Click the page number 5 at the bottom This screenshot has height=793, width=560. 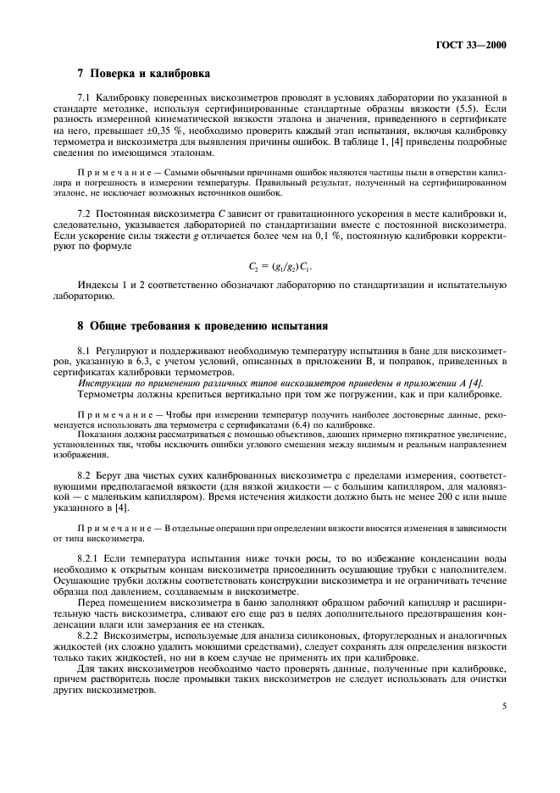tap(503, 703)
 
